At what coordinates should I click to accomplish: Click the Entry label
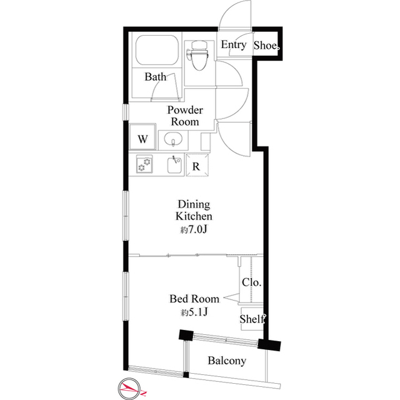pos(234,45)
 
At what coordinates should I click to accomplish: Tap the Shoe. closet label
pos(267,45)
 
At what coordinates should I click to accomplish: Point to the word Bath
pos(155,78)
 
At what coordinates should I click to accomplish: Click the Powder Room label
pos(185,115)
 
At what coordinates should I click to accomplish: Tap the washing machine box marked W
pos(142,138)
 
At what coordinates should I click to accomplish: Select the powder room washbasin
pos(172,139)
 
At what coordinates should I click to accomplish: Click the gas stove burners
pos(144,165)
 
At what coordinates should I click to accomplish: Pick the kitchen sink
pos(174,166)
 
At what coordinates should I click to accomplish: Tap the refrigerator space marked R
pos(196,166)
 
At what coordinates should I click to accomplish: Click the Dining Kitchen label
pos(194,210)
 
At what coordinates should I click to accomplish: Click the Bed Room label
pos(194,299)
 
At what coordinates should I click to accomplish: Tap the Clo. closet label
pos(251,282)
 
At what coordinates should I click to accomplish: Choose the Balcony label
pos(227,361)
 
